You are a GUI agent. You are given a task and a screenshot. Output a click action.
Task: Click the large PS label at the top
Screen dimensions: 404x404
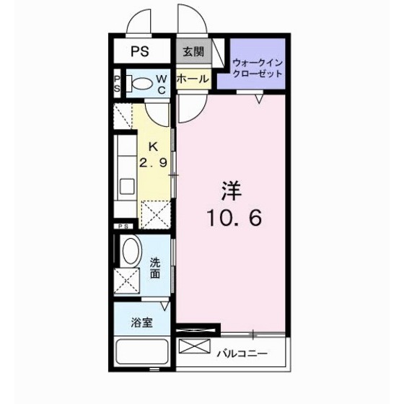[140, 51]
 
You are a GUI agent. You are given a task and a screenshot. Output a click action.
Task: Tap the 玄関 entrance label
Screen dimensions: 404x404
[194, 52]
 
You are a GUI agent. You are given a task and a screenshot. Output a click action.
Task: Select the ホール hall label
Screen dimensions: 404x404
[193, 79]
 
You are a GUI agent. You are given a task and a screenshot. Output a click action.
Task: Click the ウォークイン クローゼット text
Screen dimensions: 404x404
[258, 69]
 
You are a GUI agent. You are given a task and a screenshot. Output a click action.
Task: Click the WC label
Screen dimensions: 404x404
[162, 84]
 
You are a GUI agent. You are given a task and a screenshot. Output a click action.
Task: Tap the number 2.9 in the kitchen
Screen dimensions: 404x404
[154, 162]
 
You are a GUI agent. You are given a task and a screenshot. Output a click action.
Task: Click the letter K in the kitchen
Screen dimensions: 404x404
[154, 147]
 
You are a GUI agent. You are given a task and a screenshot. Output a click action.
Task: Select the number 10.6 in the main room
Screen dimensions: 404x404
[234, 218]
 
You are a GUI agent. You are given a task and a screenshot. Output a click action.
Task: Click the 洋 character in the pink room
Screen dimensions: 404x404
[232, 191]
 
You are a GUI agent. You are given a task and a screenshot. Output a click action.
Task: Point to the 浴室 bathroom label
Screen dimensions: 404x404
[142, 322]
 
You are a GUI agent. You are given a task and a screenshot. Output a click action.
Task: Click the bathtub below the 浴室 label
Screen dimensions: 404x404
[142, 352]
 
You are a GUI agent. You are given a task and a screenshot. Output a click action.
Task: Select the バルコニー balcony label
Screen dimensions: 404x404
[242, 353]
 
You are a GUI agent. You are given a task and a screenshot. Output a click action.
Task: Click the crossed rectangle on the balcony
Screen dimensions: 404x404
[195, 346]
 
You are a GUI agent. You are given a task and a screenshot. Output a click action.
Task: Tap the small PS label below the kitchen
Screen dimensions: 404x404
[123, 227]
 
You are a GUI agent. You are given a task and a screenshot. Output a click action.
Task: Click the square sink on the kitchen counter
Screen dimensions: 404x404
[127, 186]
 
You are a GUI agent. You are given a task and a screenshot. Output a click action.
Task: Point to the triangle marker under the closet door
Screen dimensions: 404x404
[260, 99]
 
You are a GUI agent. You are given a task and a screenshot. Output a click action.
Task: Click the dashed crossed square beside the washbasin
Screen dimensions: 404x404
[127, 281]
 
